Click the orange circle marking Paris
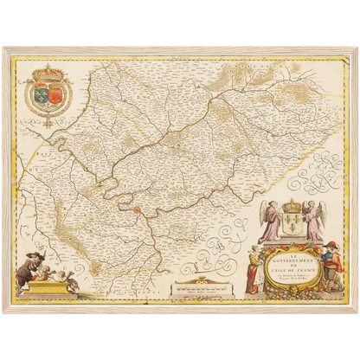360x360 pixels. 138,208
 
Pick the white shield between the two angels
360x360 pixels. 291,226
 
